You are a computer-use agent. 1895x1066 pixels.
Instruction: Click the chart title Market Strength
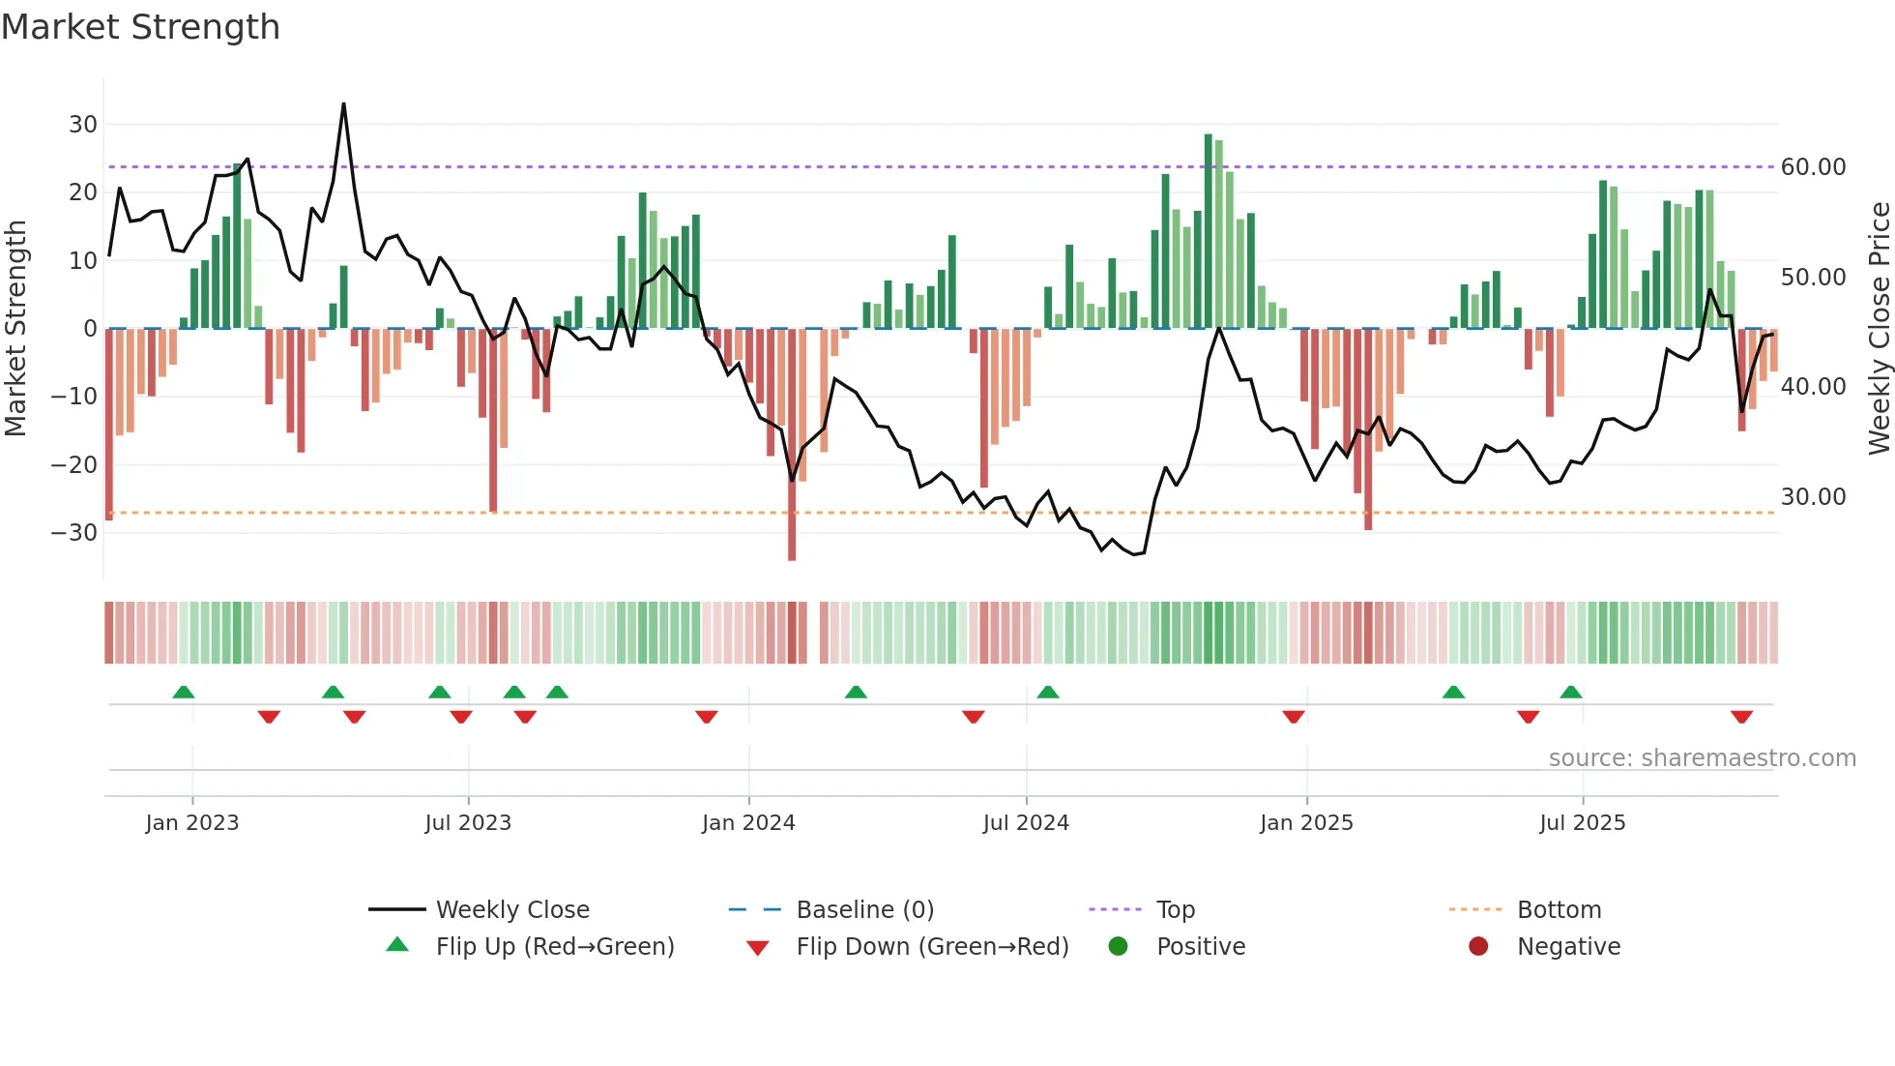point(140,27)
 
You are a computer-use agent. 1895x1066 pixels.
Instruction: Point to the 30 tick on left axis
point(83,125)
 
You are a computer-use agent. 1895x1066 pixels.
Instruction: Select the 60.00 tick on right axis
point(1813,167)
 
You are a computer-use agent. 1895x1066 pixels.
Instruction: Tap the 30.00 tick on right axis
point(1813,497)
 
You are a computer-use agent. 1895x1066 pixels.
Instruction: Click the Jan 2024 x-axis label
point(748,823)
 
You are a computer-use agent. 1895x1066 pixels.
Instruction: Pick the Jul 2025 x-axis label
point(1582,823)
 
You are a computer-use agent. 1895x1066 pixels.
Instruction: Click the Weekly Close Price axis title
point(1879,328)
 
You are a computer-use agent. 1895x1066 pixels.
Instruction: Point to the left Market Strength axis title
point(15,328)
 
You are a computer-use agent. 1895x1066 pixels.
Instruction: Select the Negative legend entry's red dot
point(1477,947)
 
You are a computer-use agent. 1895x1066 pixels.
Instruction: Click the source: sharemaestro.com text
point(1702,758)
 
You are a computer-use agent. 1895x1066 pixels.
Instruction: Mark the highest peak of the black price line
point(343,104)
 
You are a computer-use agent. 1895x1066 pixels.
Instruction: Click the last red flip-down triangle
point(1741,717)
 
